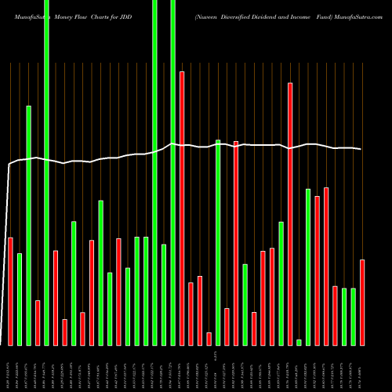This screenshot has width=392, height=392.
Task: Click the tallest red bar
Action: pos(182,208)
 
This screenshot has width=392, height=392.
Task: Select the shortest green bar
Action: pos(299,342)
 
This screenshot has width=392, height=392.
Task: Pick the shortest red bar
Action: pos(209,339)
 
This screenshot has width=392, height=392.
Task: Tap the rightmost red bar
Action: pos(362,302)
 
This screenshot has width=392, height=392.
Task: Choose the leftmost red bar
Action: pos(10,291)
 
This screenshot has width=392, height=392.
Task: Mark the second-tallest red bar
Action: pos(290,213)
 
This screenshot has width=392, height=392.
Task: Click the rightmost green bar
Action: pos(353,317)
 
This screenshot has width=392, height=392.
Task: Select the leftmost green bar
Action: pos(20,299)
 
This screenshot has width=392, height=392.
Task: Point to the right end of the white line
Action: pos(361,149)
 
